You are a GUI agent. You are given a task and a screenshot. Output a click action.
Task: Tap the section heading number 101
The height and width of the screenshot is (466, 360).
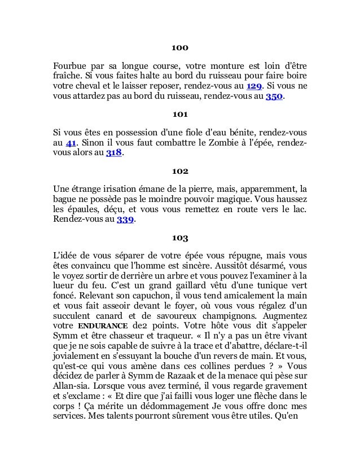click(x=180, y=115)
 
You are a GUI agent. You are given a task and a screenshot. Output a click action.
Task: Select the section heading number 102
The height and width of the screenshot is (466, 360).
click(x=180, y=170)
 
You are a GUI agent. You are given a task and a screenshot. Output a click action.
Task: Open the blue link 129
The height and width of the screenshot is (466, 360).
click(x=254, y=85)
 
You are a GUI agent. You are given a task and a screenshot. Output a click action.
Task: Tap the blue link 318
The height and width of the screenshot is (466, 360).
click(x=113, y=153)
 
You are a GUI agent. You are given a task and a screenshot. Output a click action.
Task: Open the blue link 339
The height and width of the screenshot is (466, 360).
click(x=126, y=220)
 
